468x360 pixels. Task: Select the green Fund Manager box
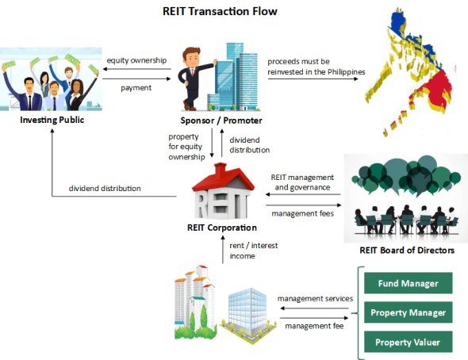(x=407, y=283)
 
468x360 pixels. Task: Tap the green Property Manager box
(x=407, y=312)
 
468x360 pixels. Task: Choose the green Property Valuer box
(x=407, y=342)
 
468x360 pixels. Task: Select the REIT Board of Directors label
(x=406, y=251)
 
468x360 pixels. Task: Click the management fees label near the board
(x=301, y=213)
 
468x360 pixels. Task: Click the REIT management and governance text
(x=304, y=183)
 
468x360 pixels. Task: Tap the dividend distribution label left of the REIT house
(x=105, y=189)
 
